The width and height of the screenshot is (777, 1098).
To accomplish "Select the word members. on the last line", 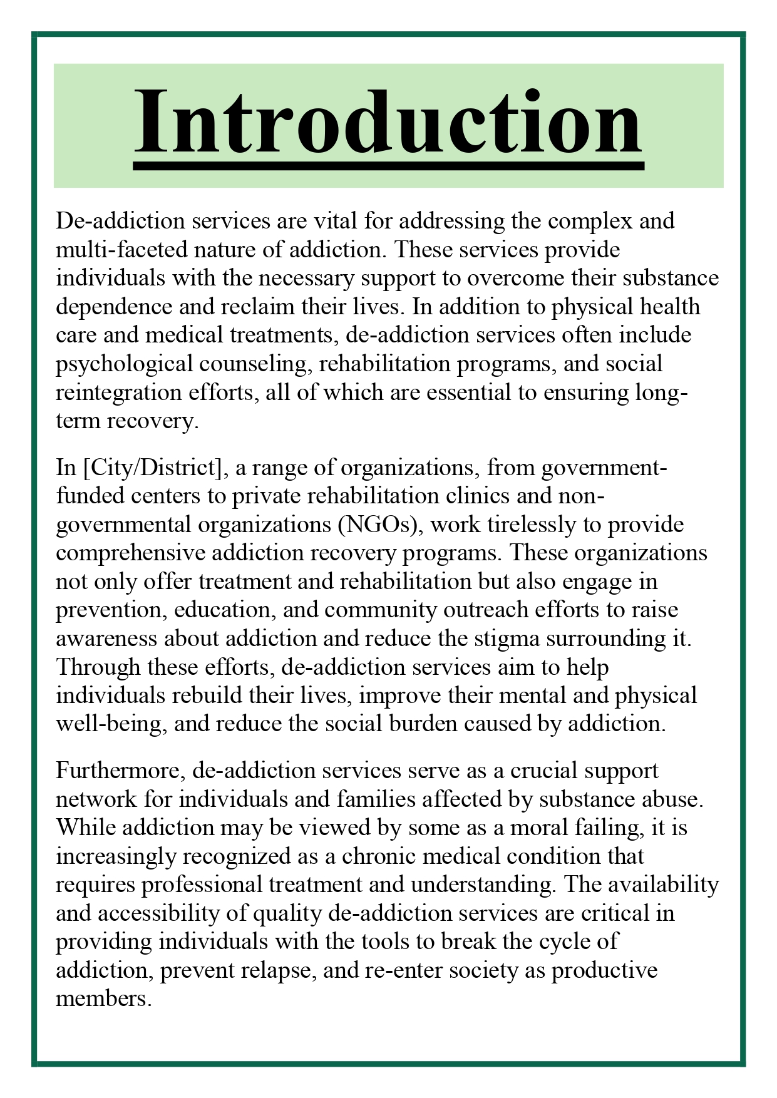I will coord(104,998).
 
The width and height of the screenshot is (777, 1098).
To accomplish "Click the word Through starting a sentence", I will coord(98,667).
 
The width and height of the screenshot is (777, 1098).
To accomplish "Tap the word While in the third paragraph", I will coord(86,828).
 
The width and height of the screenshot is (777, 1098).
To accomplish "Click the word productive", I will coord(604,970).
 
